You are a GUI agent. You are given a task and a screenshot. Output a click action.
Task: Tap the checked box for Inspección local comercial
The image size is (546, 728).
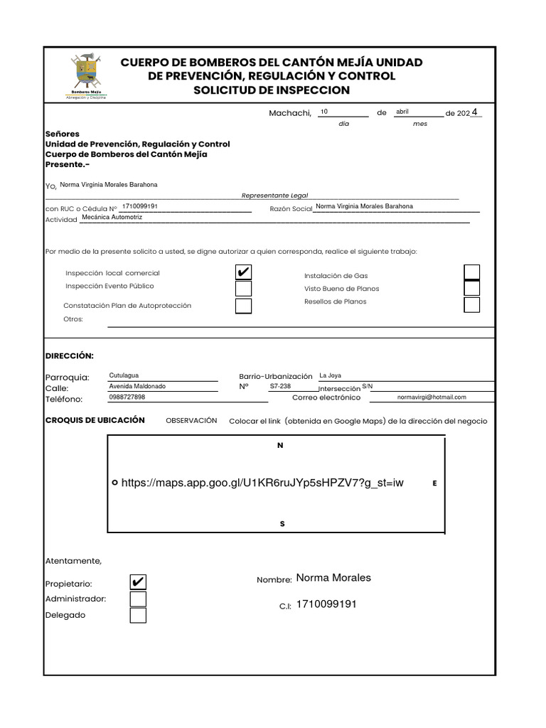[243, 272]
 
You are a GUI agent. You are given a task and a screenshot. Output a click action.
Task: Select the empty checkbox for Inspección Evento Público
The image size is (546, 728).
[243, 289]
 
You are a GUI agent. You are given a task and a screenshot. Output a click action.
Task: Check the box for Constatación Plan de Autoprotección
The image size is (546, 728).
[243, 306]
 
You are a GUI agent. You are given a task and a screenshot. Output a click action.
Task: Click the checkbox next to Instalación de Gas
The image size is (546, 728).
[471, 272]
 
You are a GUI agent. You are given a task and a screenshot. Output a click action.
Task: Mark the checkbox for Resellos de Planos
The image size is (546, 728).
[471, 305]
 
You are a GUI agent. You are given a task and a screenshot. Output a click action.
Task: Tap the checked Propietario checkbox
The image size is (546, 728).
[138, 582]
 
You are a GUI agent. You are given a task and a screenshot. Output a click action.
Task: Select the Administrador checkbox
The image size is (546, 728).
[138, 599]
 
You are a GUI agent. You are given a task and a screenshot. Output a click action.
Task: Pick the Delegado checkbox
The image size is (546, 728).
[138, 615]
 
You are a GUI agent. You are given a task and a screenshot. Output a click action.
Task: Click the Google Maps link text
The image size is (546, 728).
[262, 483]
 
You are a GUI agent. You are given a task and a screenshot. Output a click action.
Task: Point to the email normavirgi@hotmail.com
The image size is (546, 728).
[432, 397]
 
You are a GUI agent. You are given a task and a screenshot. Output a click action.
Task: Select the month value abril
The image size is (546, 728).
[402, 112]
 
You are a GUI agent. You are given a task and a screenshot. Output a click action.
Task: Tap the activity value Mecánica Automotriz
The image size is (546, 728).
[112, 218]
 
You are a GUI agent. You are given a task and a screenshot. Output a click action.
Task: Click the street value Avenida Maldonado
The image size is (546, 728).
[137, 386]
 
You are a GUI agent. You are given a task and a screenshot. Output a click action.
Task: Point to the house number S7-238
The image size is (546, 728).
[280, 386]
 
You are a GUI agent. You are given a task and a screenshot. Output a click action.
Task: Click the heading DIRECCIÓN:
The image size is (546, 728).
[70, 355]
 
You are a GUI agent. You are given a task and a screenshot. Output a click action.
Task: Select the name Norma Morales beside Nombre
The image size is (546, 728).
[333, 578]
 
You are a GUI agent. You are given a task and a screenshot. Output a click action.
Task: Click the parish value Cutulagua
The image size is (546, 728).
[124, 375]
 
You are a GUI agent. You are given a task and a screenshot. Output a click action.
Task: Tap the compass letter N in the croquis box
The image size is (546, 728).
[280, 446]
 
